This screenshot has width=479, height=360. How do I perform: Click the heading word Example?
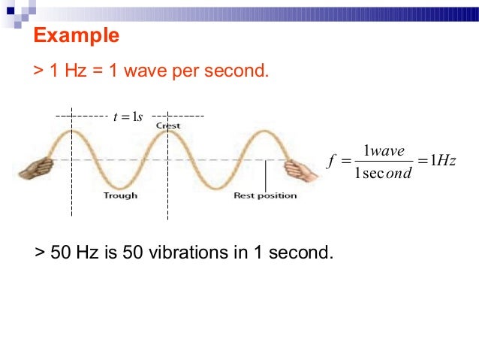click(x=77, y=35)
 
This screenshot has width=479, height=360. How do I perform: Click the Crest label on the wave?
click(x=168, y=126)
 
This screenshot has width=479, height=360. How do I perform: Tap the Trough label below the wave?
click(x=120, y=196)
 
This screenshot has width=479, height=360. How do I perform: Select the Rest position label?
click(x=265, y=196)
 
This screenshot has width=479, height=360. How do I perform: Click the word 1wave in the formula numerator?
click(x=383, y=152)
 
